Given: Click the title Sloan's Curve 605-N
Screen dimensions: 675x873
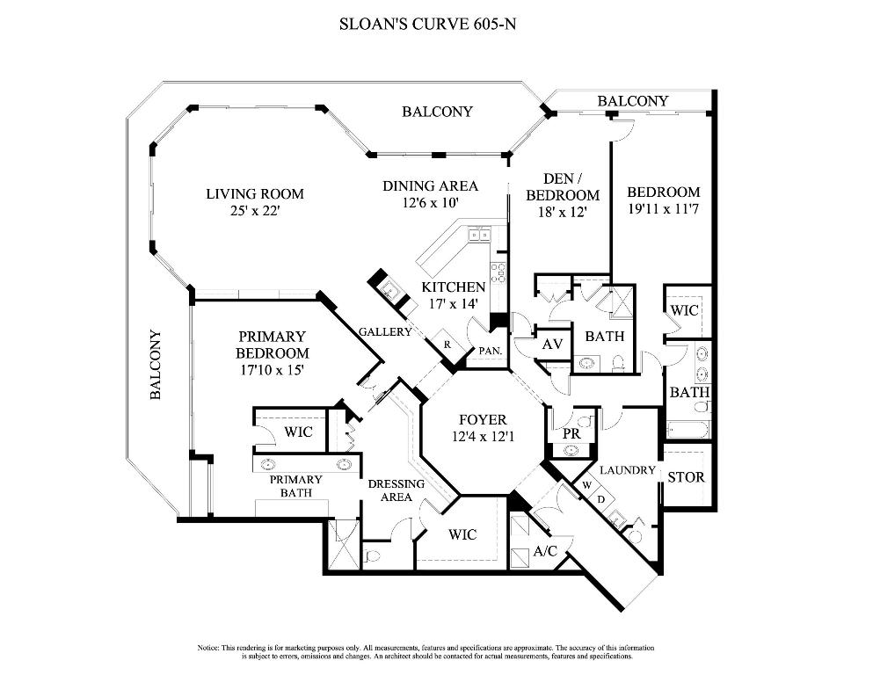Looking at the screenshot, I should click(x=427, y=24).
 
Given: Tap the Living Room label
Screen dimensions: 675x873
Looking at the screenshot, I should click(x=254, y=193).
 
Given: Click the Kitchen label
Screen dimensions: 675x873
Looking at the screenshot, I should click(x=453, y=287).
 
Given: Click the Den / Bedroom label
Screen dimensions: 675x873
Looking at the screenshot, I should click(x=562, y=187).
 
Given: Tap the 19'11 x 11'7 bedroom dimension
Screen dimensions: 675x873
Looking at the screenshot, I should click(x=663, y=210).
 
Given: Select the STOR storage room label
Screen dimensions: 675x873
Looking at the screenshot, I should click(x=686, y=478).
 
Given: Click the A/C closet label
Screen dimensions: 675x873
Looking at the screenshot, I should click(x=545, y=551).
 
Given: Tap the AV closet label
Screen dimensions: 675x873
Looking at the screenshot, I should click(x=552, y=345).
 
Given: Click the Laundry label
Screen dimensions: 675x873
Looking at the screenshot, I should click(x=628, y=470).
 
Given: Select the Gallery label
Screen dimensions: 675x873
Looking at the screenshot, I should click(x=385, y=332).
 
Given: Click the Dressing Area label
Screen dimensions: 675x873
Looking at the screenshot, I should click(x=396, y=490).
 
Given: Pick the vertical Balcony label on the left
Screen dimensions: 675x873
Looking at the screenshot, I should click(x=156, y=365).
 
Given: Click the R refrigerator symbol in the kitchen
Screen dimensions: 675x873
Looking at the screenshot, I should click(x=447, y=345).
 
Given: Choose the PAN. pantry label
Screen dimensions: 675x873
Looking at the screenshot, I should click(x=489, y=350).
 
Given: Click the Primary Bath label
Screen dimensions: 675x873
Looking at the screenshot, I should click(x=295, y=486).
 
